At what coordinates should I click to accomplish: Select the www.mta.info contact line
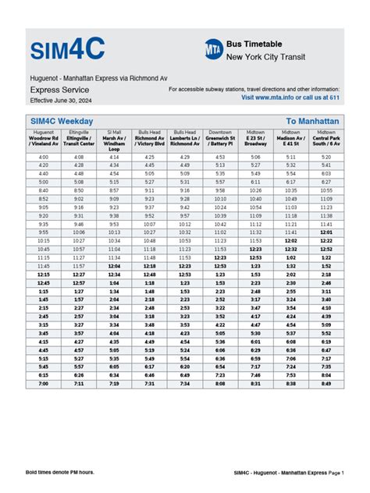290,98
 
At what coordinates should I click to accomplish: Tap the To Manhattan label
312,121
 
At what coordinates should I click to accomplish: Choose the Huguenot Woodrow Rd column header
44,138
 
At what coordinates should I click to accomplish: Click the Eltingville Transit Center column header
79,138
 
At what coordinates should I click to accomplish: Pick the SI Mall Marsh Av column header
115,140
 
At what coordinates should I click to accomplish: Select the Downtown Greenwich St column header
220,138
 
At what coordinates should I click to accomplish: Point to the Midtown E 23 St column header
255,138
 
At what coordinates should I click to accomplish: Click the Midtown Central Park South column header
326,138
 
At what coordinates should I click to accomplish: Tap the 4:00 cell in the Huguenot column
44,157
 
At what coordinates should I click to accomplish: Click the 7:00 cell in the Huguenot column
44,383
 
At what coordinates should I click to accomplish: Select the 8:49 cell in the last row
326,383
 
